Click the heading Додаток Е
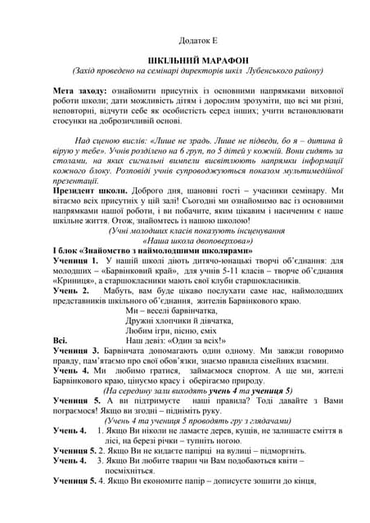(196, 38)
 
